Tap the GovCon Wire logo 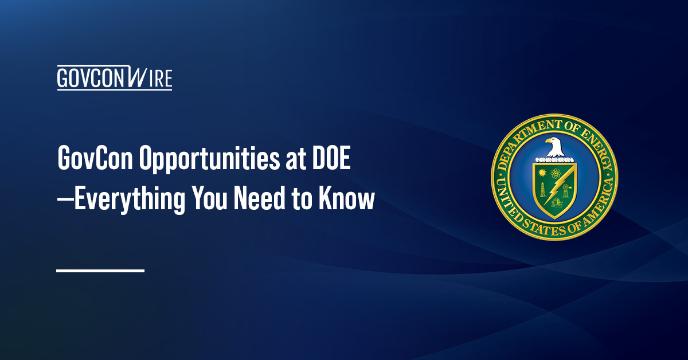(x=114, y=78)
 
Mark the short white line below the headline (x=100, y=270)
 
